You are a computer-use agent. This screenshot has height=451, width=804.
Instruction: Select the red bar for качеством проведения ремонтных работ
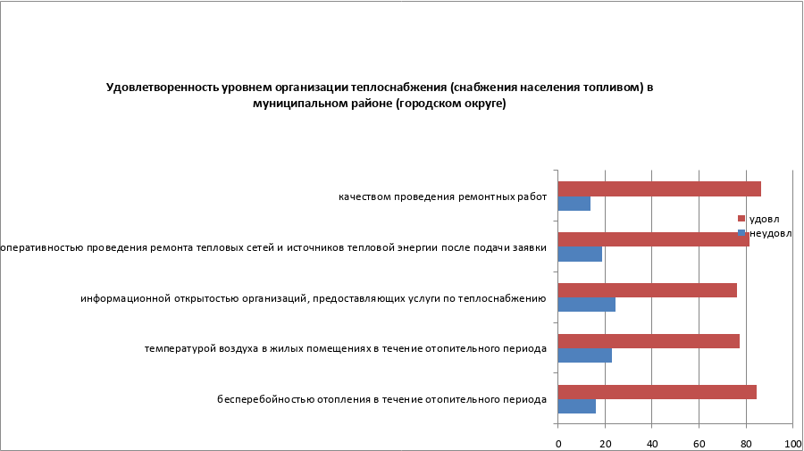click(659, 188)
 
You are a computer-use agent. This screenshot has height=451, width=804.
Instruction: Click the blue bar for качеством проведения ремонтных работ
click(574, 204)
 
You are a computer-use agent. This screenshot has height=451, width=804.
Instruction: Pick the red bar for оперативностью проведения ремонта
click(653, 239)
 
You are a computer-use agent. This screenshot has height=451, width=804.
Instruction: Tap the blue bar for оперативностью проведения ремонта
click(580, 255)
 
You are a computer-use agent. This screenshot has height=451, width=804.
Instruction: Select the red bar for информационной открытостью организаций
click(647, 290)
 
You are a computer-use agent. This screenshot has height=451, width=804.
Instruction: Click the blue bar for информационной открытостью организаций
click(586, 305)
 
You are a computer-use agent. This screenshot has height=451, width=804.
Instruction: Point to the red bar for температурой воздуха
click(649, 341)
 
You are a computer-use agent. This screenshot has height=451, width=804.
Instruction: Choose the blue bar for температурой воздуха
click(584, 355)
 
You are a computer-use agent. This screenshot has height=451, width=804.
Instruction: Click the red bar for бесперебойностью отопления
click(657, 392)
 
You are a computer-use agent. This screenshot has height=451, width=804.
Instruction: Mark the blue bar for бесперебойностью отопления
click(576, 406)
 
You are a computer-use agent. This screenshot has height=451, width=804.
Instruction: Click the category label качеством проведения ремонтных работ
click(441, 196)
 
